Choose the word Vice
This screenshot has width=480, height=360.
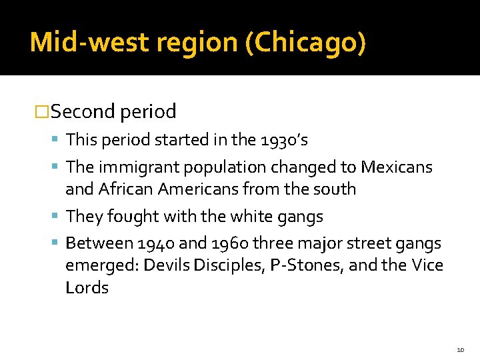point(427,266)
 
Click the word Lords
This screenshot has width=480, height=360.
point(87,288)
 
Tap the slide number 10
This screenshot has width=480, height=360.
point(460,349)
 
